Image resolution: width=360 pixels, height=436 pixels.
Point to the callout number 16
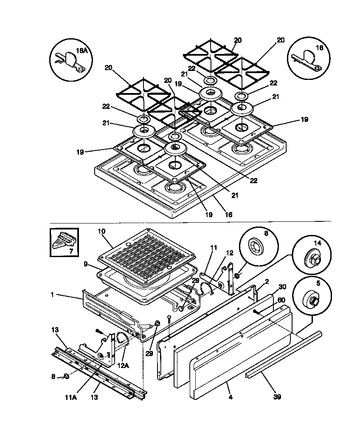point(228,215)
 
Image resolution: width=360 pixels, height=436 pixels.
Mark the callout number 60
point(281,300)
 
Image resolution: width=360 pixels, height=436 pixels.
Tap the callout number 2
point(267,281)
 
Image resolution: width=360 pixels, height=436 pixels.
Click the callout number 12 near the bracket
point(230,253)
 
